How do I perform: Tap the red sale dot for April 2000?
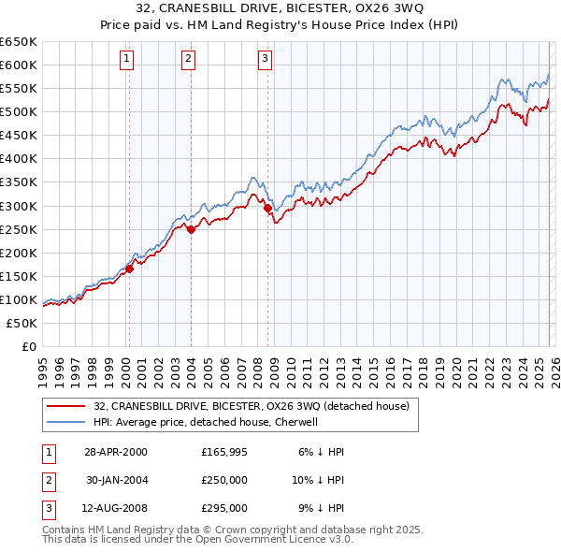point(130,269)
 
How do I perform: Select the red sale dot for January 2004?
point(191,228)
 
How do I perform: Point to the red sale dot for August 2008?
point(267,208)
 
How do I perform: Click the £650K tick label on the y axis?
point(19,42)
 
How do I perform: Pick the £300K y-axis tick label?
point(19,206)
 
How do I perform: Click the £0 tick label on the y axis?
point(27,346)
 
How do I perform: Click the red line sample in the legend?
point(66,406)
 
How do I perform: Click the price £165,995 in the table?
point(223,451)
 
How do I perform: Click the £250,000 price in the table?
point(223,480)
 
